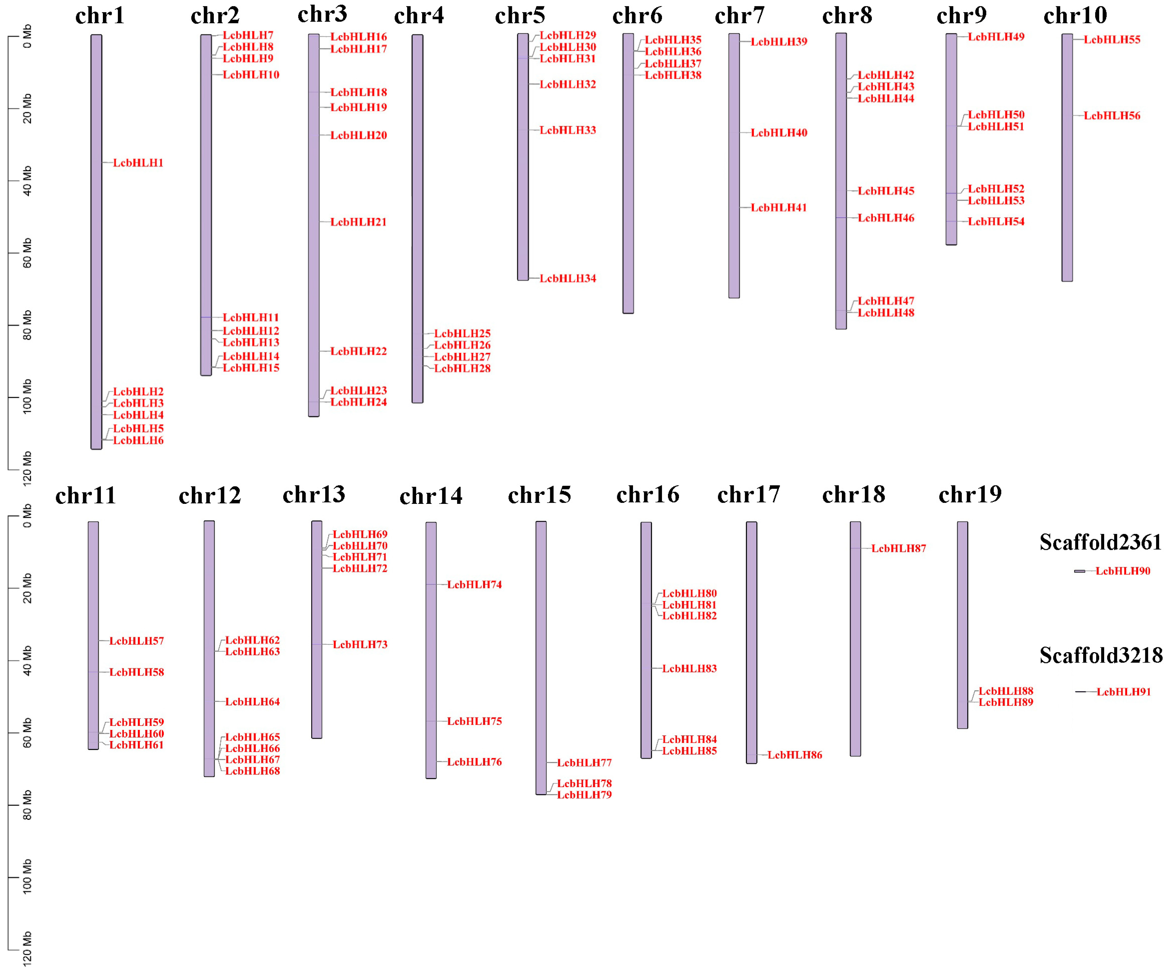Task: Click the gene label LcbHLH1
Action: [138, 163]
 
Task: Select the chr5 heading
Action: [520, 16]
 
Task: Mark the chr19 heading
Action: [970, 494]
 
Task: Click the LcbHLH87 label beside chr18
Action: [899, 548]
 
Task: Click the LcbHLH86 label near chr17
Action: [794, 755]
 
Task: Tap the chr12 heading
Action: [210, 495]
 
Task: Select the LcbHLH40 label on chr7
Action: [779, 133]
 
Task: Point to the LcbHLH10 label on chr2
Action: [250, 75]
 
